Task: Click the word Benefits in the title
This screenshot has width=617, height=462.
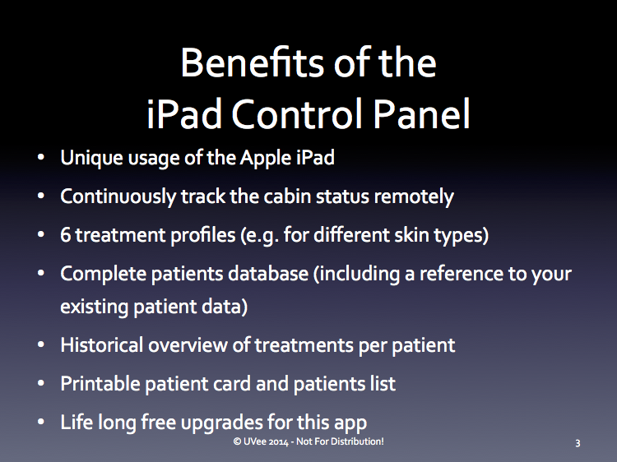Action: pyautogui.click(x=253, y=63)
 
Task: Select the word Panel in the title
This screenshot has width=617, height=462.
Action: pyautogui.click(x=421, y=113)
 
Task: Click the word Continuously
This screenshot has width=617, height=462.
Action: pyautogui.click(x=118, y=196)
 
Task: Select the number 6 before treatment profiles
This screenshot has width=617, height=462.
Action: pyautogui.click(x=65, y=235)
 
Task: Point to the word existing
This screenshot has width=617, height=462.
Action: pyautogui.click(x=95, y=307)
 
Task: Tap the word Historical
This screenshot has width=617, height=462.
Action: pyautogui.click(x=101, y=344)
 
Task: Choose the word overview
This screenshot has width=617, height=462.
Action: pyautogui.click(x=188, y=345)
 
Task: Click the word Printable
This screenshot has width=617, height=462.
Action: pyautogui.click(x=100, y=383)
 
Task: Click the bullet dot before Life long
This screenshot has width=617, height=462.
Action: pyautogui.click(x=41, y=423)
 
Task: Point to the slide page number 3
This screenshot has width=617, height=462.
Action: pyautogui.click(x=578, y=443)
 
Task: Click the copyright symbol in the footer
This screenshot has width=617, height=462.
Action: pyautogui.click(x=237, y=441)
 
